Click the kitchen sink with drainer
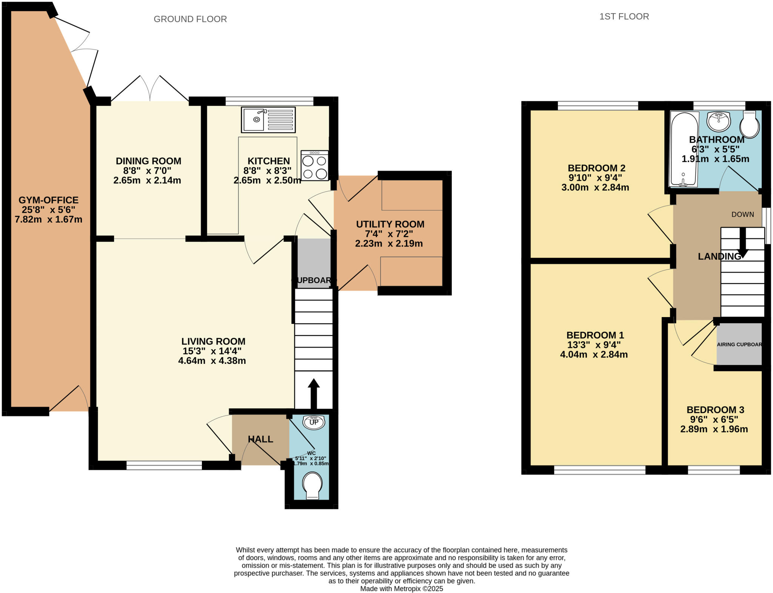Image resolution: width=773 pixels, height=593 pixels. click(268, 120)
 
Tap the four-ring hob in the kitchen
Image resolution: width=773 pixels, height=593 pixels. click(314, 166)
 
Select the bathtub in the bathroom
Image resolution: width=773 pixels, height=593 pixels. click(683, 149)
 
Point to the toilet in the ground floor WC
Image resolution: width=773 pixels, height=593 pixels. click(313, 486)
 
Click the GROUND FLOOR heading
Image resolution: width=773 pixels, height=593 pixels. click(190, 19)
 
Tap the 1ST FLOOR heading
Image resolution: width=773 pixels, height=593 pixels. click(624, 17)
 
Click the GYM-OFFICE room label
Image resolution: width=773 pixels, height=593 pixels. click(48, 200)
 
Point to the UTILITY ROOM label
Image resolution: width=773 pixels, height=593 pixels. click(390, 224)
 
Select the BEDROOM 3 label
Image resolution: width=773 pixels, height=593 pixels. click(715, 410)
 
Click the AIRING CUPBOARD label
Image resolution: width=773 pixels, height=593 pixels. click(739, 344)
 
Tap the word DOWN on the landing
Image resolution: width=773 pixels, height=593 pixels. click(742, 214)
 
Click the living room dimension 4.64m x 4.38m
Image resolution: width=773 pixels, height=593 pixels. click(212, 360)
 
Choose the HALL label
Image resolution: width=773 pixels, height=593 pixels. click(260, 439)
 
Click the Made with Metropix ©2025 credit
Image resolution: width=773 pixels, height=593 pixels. click(402, 588)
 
